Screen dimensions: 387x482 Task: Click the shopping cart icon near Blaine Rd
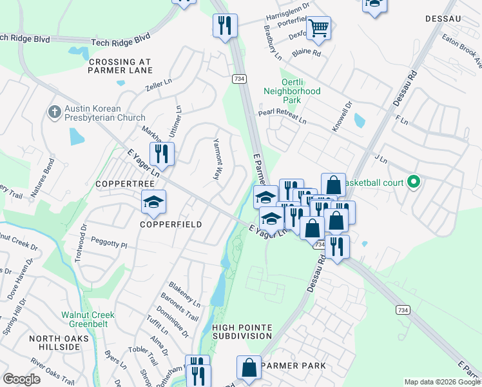pyautogui.click(x=318, y=28)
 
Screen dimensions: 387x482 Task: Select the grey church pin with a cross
pyautogui.click(x=54, y=112)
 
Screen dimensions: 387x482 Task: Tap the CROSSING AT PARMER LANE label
pyautogui.click(x=120, y=66)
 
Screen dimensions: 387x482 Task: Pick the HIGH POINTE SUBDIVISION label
pyautogui.click(x=242, y=332)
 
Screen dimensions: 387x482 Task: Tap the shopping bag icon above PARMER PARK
pyautogui.click(x=249, y=368)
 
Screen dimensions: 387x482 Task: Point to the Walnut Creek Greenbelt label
pyautogui.click(x=88, y=319)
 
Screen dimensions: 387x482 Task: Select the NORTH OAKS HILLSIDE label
pyautogui.click(x=54, y=342)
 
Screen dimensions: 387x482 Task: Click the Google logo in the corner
pyautogui.click(x=21, y=379)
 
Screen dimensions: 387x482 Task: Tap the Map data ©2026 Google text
pyautogui.click(x=441, y=382)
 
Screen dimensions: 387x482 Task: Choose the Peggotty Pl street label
pyautogui.click(x=111, y=246)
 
